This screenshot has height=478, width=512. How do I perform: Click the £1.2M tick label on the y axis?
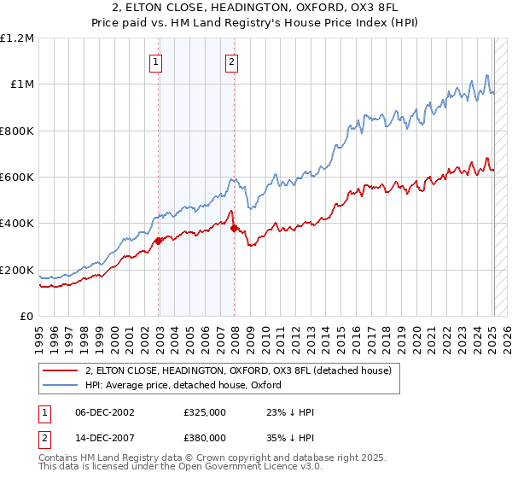tap(17, 38)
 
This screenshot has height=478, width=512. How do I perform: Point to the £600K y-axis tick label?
tap(17, 178)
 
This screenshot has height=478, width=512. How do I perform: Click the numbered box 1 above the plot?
tap(157, 61)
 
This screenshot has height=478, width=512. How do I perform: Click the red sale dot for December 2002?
tap(158, 242)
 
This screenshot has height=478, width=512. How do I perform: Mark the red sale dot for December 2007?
tap(234, 229)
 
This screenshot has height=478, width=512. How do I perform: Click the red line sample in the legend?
tap(61, 370)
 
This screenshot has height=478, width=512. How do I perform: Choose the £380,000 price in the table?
tap(205, 437)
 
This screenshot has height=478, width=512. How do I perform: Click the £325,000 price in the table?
tap(205, 412)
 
